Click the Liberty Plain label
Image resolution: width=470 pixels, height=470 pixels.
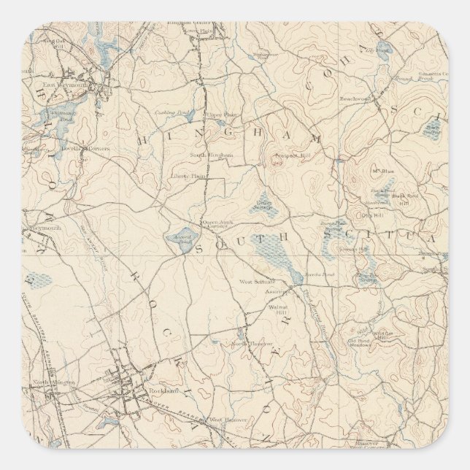(188, 176)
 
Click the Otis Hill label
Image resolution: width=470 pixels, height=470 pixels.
(371, 215)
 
